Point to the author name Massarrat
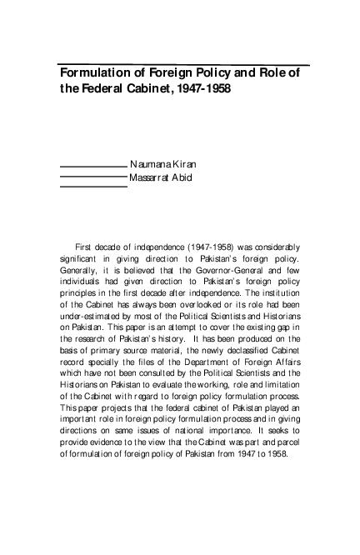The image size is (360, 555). tap(152, 178)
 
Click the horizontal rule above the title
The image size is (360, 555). tap(183, 63)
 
